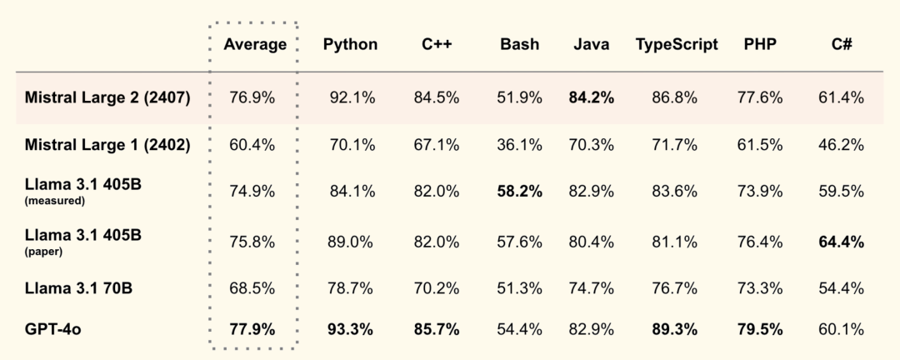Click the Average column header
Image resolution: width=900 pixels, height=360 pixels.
[x=255, y=45]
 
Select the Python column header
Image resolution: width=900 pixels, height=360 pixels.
[x=350, y=45]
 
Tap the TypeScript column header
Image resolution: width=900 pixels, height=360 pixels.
[x=676, y=45]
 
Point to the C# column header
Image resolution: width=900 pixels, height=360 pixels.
[x=841, y=45]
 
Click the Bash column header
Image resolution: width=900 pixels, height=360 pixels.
[x=519, y=45]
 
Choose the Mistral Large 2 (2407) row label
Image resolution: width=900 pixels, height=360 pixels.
[x=108, y=97]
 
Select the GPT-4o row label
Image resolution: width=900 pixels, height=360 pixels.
[x=52, y=329]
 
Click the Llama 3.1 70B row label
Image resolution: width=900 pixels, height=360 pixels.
[x=80, y=288]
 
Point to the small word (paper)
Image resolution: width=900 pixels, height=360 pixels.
[x=42, y=251]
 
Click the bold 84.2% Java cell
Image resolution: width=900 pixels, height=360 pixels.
[x=591, y=97]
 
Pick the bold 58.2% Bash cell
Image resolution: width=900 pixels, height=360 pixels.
[x=519, y=192]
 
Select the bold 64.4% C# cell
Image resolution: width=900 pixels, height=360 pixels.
[x=841, y=242]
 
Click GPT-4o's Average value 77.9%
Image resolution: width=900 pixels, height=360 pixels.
[x=252, y=329]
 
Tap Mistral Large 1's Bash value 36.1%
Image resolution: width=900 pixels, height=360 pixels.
[x=519, y=145]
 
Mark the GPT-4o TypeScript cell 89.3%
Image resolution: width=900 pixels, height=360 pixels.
[x=676, y=329]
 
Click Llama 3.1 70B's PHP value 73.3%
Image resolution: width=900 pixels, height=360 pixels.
[x=759, y=288]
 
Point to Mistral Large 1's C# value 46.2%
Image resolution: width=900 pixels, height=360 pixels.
[x=841, y=145]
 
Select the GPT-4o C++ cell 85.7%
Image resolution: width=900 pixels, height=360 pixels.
[x=436, y=329]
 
